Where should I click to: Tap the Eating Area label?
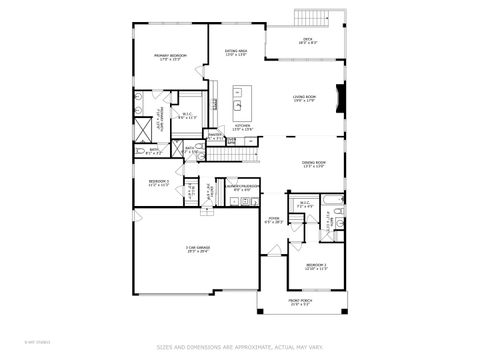236,52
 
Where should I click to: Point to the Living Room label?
304,98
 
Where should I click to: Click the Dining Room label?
314,165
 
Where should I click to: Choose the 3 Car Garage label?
196,249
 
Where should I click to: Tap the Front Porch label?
301,302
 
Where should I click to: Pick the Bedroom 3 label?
158,183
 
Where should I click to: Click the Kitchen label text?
243,128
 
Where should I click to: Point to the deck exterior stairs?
314,17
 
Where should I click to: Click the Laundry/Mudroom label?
243,186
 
